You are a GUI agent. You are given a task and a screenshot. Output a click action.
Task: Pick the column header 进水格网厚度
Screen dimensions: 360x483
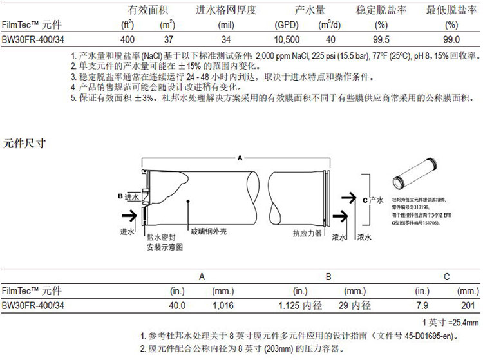[226, 10]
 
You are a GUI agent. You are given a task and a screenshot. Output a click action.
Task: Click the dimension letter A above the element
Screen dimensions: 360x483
[240, 157]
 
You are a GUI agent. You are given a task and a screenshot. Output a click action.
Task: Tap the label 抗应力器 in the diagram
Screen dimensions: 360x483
[307, 233]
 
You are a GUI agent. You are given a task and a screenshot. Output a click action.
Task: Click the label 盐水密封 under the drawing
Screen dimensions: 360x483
[161, 237]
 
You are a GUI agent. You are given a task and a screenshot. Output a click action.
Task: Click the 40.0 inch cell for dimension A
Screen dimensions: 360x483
[176, 305]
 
